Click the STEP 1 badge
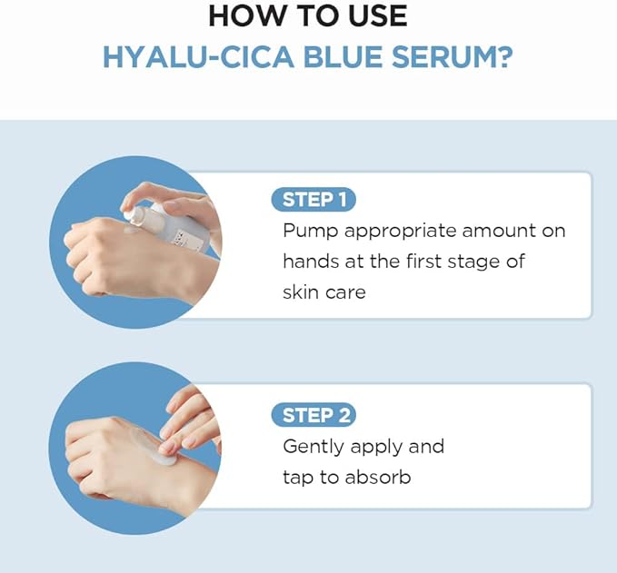(x=313, y=200)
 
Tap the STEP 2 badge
(x=313, y=415)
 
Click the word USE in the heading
(x=378, y=16)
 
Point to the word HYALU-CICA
(x=198, y=57)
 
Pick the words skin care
(x=324, y=292)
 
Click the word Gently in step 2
(x=313, y=447)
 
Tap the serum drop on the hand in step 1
(x=132, y=229)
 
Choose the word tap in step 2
(x=298, y=478)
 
